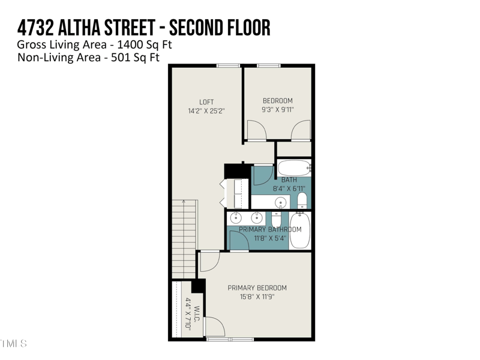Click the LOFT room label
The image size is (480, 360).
tap(206, 102)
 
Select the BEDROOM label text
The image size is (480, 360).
tap(277, 100)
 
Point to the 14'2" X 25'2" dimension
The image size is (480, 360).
tap(206, 111)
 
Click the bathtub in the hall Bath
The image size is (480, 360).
tap(293, 167)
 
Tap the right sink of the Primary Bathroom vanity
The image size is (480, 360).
tap(256, 217)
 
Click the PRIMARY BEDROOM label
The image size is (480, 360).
tap(257, 288)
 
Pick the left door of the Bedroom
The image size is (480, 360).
tap(256, 130)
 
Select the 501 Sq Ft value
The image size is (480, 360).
tap(142, 58)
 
